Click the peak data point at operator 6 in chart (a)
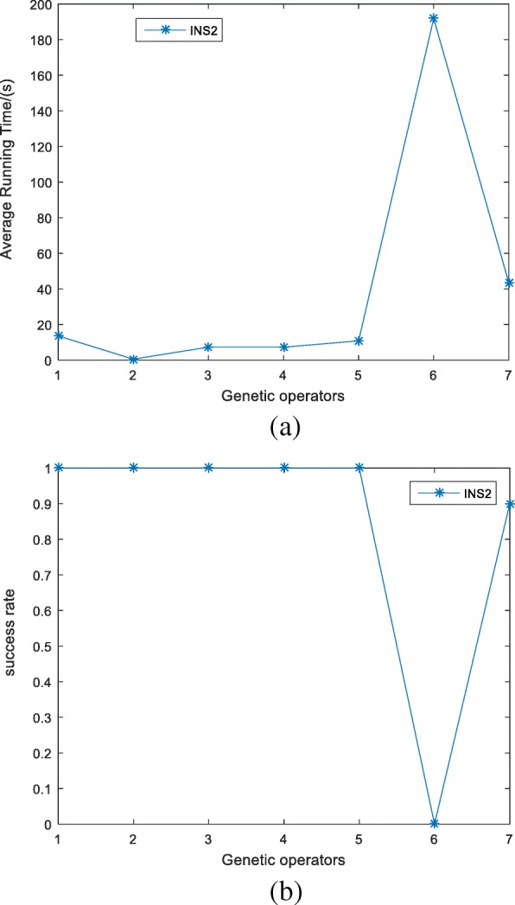(434, 18)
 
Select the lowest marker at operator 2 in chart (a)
(133, 359)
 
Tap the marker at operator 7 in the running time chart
(509, 283)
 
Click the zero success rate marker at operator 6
(434, 823)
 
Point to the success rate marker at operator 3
(208, 468)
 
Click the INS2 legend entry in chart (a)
(175, 30)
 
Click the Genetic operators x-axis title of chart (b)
(283, 859)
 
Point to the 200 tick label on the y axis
(40, 5)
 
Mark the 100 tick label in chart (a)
(40, 182)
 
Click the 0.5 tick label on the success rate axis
(40, 646)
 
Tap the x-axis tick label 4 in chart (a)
(283, 373)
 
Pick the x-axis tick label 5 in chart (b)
(359, 838)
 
